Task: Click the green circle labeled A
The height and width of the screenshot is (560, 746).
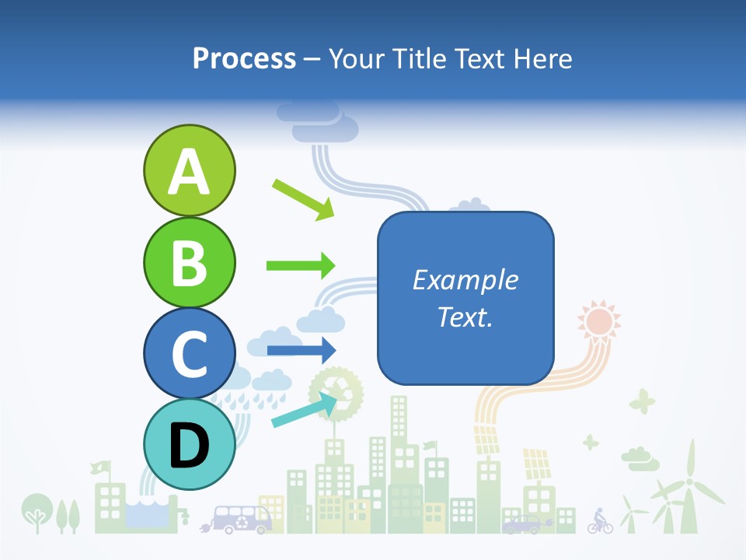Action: pyautogui.click(x=189, y=170)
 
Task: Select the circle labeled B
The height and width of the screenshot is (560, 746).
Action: pyautogui.click(x=189, y=262)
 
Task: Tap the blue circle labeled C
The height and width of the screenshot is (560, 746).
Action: pyautogui.click(x=189, y=353)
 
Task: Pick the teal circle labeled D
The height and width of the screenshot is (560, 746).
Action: pyautogui.click(x=189, y=444)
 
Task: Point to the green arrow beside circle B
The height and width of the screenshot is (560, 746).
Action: pyautogui.click(x=300, y=265)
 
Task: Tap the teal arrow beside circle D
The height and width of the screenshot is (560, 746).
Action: pyautogui.click(x=304, y=410)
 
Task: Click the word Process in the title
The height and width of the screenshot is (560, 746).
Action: pyautogui.click(x=244, y=58)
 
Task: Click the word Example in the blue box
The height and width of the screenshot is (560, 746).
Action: pyautogui.click(x=465, y=280)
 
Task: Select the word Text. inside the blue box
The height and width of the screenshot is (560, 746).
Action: pyautogui.click(x=465, y=317)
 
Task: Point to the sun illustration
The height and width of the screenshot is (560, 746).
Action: pyautogui.click(x=599, y=320)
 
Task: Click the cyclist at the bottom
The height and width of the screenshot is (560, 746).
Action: pyautogui.click(x=599, y=521)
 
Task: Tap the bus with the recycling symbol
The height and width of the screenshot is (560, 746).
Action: pyautogui.click(x=242, y=519)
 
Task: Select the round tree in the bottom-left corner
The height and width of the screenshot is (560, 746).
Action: pyautogui.click(x=35, y=510)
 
